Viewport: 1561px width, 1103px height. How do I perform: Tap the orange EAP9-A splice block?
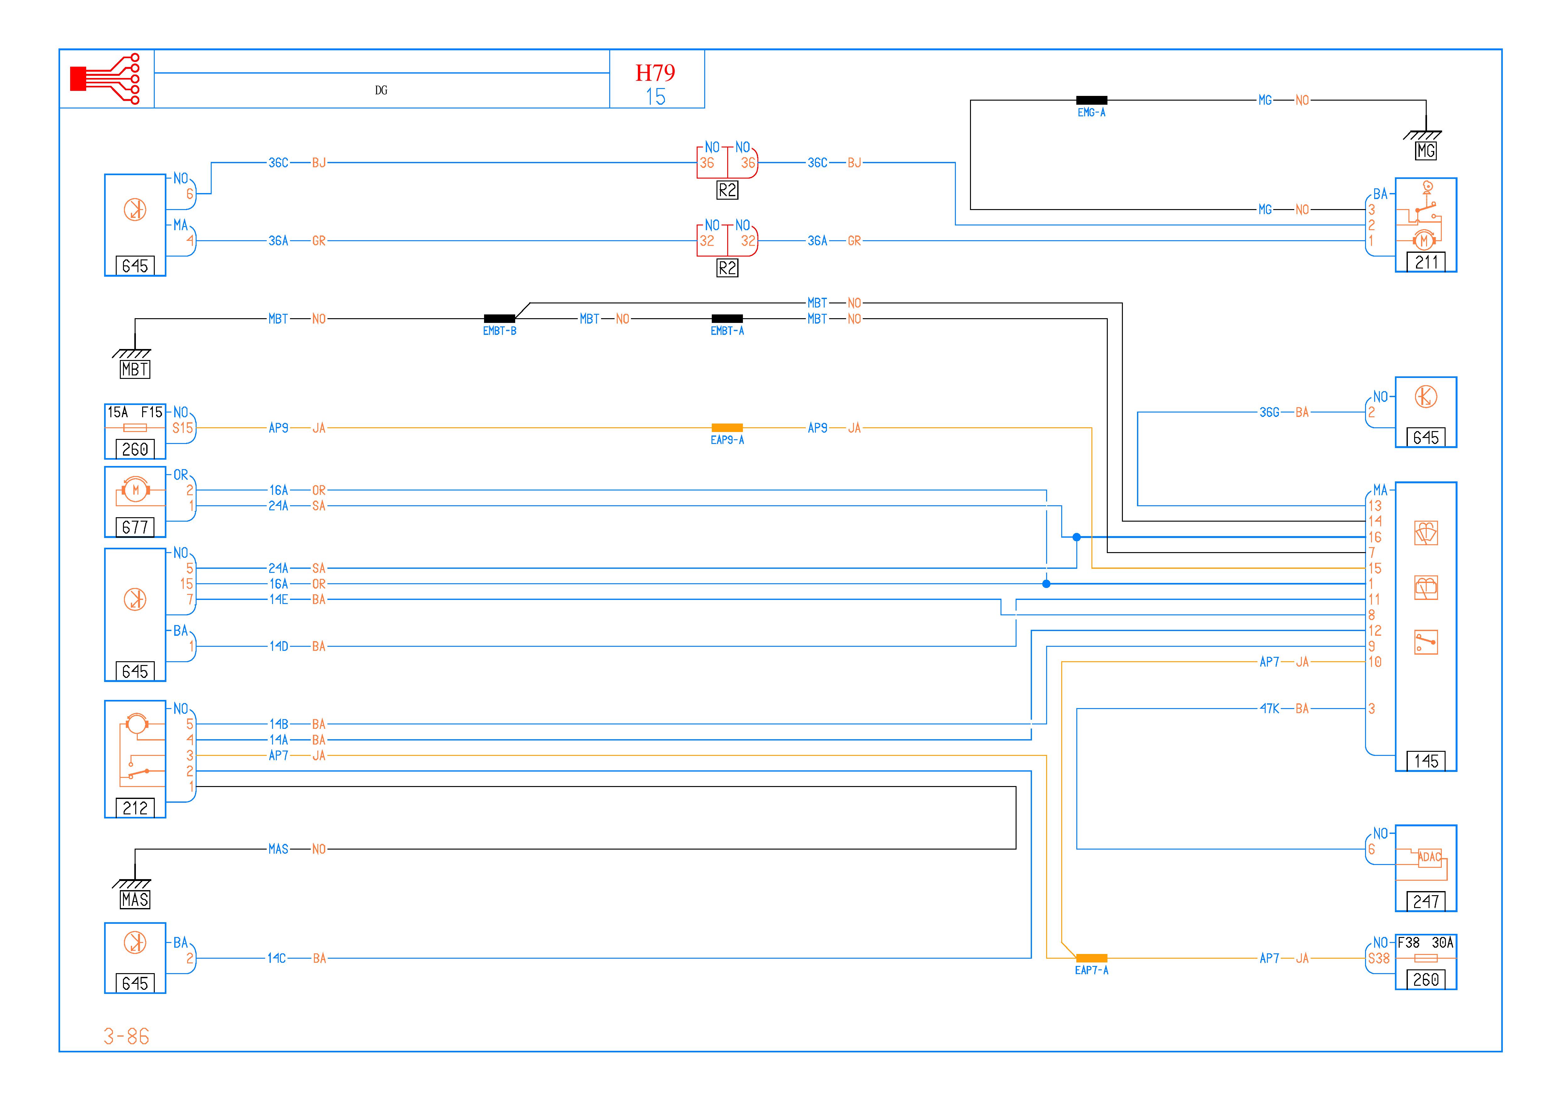pyautogui.click(x=727, y=428)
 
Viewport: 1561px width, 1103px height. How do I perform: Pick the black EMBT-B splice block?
pyautogui.click(x=499, y=319)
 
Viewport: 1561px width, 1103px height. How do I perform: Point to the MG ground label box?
pyautogui.click(x=1426, y=151)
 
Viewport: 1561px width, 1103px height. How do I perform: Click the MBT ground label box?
pyautogui.click(x=135, y=369)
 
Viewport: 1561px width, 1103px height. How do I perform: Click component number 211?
pyautogui.click(x=1426, y=262)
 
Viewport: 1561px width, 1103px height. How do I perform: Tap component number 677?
pyautogui.click(x=135, y=527)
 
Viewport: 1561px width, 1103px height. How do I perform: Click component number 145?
pyautogui.click(x=1426, y=761)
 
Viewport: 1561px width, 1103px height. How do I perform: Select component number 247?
pyautogui.click(x=1426, y=901)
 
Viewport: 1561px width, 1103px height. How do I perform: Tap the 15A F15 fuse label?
pyautogui.click(x=135, y=412)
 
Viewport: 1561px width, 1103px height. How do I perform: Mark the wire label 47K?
pyautogui.click(x=1269, y=708)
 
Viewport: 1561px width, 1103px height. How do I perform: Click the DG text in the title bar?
pyautogui.click(x=381, y=90)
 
